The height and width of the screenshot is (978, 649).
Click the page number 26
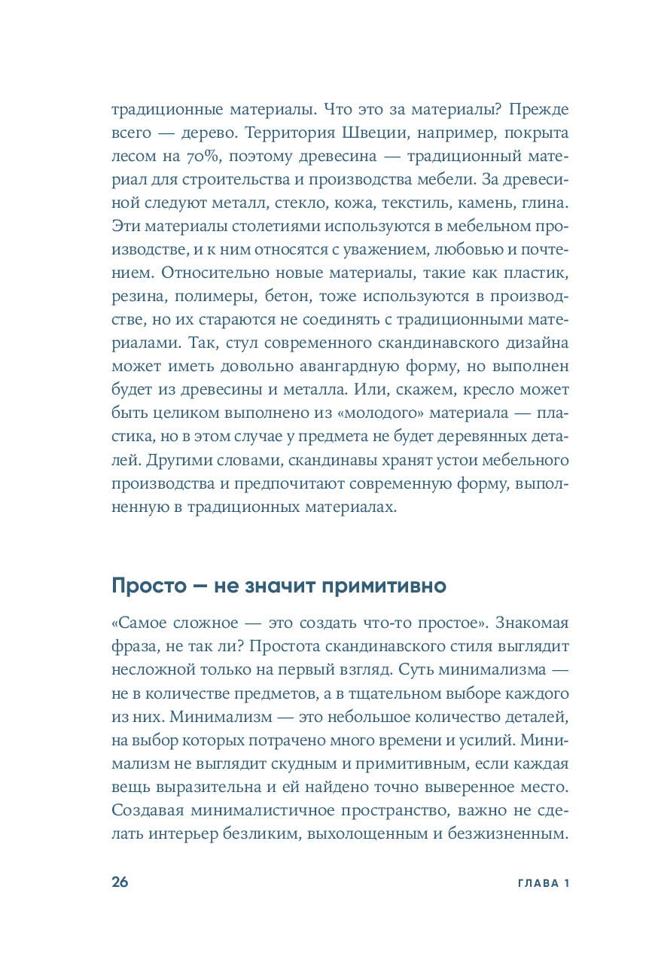pyautogui.click(x=120, y=882)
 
